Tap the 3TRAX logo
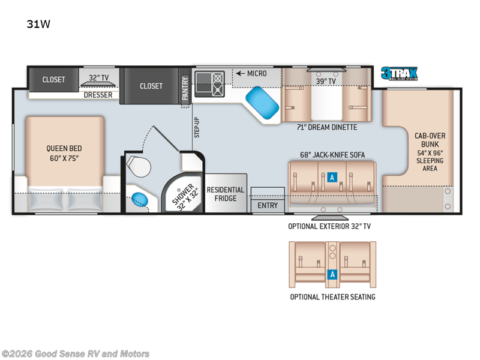(x=398, y=74)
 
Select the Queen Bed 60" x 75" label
(x=64, y=154)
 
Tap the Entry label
(x=268, y=205)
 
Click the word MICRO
(x=256, y=73)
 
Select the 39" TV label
(x=326, y=81)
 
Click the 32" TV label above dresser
(x=98, y=78)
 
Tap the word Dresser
(x=98, y=95)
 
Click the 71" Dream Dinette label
(x=327, y=127)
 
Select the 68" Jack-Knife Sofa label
(x=332, y=155)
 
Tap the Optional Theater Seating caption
(x=332, y=297)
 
